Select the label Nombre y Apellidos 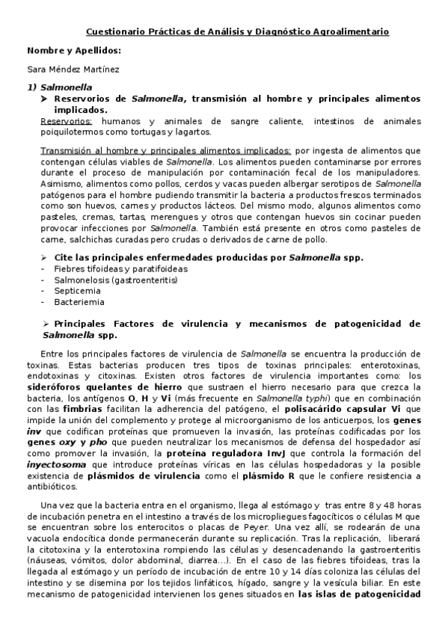click(73, 51)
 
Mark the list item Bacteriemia click(79, 302)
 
